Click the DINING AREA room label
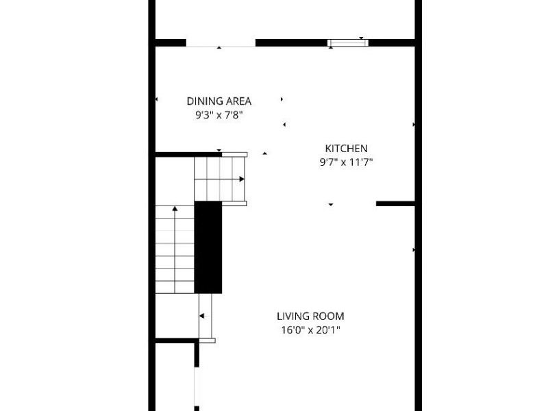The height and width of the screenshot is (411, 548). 219,101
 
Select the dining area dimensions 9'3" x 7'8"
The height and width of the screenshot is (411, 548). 219,115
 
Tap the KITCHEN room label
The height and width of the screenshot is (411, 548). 347,149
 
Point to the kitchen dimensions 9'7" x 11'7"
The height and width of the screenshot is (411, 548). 347,162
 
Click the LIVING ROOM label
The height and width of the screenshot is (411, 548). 311,316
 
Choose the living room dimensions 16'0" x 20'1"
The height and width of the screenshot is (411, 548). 311,330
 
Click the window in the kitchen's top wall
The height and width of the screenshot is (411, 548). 348,43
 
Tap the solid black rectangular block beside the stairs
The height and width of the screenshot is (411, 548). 208,247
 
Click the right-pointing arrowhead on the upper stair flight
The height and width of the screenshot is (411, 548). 242,179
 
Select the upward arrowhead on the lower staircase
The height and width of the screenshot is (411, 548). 175,209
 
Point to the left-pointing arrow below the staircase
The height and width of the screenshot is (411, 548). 204,316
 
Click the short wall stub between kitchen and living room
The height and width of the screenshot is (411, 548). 395,203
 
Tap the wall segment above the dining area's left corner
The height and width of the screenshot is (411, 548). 171,42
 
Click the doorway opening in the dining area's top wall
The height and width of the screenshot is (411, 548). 221,43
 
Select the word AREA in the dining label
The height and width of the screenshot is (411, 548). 238,101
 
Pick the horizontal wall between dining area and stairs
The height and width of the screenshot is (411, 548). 189,155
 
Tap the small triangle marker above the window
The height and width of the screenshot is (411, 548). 362,38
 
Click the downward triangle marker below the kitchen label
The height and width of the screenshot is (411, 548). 331,205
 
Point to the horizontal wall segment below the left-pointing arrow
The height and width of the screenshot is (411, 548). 177,340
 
